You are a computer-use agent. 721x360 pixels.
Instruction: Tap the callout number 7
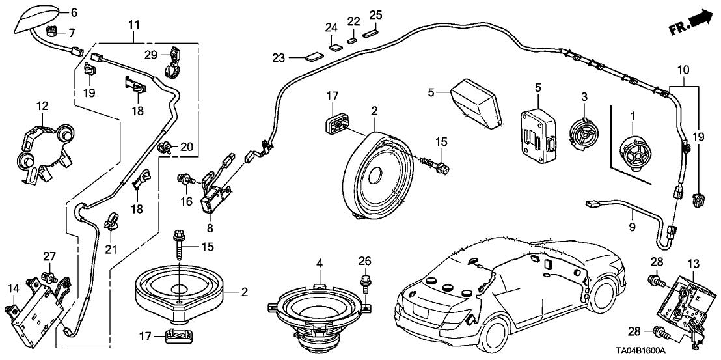(72, 32)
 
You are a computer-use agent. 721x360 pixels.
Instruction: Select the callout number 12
(42, 105)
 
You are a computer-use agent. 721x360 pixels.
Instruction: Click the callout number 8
(210, 228)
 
